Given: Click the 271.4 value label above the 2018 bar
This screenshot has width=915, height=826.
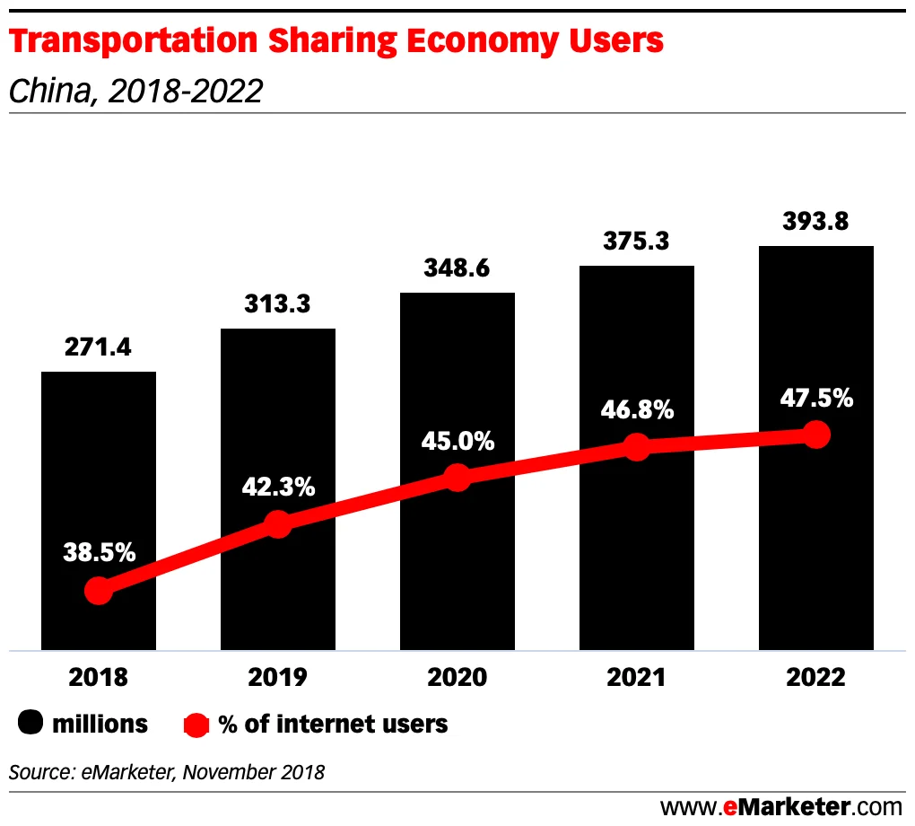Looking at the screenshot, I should pos(99,347).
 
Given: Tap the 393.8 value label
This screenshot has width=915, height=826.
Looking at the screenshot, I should pos(815,220).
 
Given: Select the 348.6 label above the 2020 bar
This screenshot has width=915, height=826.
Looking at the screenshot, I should pos(457,268).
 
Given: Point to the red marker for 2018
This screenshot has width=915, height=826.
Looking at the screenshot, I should pos(99,591).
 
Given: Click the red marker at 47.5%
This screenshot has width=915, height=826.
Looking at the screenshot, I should pos(815,435).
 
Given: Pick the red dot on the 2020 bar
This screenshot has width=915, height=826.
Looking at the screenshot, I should pos(457,477).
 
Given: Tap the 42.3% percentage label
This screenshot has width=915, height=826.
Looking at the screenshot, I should pos(278,487).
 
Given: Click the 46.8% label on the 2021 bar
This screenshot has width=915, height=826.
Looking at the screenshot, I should pos(637,410).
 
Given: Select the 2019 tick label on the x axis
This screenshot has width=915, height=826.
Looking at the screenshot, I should pos(278,677).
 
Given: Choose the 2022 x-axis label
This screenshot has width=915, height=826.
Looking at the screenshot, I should pos(815,677).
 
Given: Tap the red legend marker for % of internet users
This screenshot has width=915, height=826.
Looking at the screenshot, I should pos(196,724).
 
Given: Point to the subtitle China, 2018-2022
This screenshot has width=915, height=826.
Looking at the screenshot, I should pos(135,91).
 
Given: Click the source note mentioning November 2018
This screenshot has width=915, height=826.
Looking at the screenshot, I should pos(167,771).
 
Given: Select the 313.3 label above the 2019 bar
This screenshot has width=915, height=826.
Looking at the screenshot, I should pos(278,304).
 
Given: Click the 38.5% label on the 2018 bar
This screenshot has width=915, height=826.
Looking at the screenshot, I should pos(99,552).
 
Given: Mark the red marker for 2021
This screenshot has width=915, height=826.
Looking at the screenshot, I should pos(637,446).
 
